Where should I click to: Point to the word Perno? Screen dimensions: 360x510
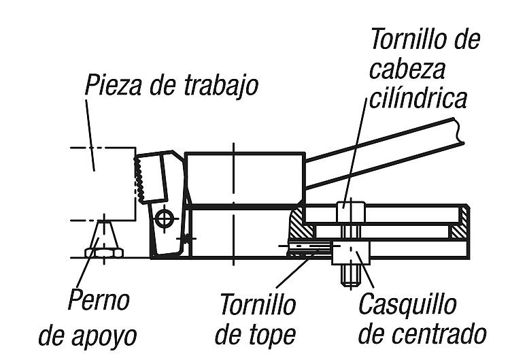click(99, 300)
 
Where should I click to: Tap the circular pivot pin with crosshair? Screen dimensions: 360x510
click(163, 219)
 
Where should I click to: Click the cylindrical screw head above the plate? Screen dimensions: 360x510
click(350, 210)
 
